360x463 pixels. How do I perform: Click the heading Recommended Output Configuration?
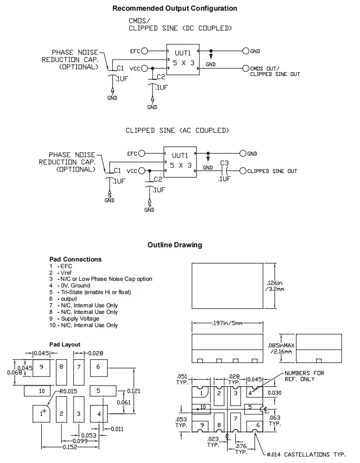click(x=174, y=8)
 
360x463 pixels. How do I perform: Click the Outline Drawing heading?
click(x=174, y=245)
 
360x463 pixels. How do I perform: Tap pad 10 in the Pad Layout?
click(x=42, y=391)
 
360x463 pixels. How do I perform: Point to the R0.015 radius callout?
click(x=68, y=391)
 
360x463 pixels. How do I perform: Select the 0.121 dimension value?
click(x=133, y=391)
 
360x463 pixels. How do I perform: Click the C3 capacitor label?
click(x=224, y=163)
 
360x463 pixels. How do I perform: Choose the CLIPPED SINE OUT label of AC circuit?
click(x=272, y=171)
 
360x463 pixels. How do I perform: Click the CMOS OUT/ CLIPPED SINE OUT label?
click(x=275, y=71)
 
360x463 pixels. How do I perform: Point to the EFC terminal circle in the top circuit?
click(x=145, y=51)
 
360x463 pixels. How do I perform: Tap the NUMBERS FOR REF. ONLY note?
click(x=304, y=376)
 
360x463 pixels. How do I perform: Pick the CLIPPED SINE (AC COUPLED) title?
click(x=177, y=131)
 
